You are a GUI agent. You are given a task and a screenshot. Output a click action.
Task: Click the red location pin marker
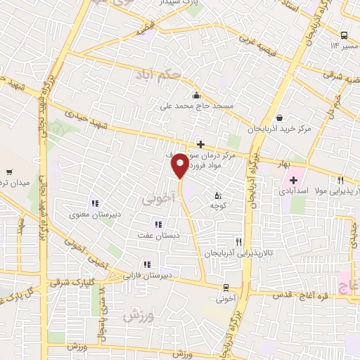(180, 165)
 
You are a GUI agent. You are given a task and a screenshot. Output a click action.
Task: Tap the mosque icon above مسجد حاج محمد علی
(196, 95)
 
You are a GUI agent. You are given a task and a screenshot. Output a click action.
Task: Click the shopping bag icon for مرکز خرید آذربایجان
(281, 117)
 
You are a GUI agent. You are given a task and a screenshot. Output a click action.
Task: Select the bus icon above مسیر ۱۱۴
(344, 35)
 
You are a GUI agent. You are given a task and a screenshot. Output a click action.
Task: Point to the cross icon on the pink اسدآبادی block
(294, 180)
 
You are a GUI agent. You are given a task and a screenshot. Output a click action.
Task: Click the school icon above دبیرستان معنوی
(94, 204)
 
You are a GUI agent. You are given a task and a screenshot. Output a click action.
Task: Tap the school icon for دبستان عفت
(167, 224)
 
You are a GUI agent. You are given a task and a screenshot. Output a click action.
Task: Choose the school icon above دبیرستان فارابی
(146, 265)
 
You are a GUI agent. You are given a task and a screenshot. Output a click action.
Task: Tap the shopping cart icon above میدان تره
(10, 172)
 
